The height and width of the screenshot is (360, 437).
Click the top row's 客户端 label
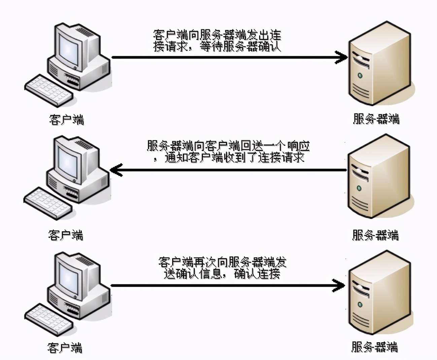coord(66,120)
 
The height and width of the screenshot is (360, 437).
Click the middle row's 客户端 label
coord(66,235)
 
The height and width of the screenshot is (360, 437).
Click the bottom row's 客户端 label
coord(65,348)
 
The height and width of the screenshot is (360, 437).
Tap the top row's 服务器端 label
coord(376,119)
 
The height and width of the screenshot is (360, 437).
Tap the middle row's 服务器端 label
coord(375,235)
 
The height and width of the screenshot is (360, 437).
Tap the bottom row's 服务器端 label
coord(374,347)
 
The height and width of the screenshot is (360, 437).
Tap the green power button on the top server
coord(360,75)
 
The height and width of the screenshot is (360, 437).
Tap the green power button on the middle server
coord(359,188)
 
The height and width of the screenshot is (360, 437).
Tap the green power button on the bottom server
coord(360,304)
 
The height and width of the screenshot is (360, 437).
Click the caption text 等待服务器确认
coord(240,46)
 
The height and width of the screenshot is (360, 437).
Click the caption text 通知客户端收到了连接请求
coord(234,157)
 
